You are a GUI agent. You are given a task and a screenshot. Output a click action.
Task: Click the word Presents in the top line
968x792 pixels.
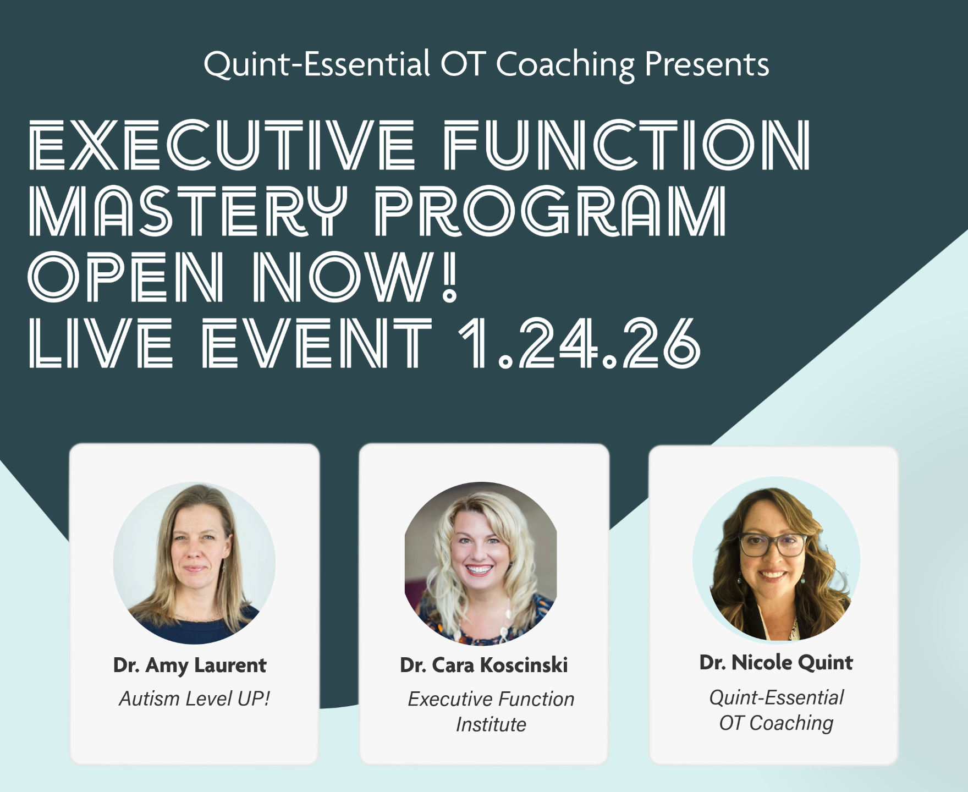[x=707, y=64]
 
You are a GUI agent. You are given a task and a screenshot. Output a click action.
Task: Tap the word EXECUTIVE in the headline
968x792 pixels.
[x=222, y=145]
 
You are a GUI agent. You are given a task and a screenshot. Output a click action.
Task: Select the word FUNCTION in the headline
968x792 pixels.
[x=627, y=145]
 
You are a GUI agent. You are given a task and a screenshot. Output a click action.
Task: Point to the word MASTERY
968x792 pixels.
[x=188, y=211]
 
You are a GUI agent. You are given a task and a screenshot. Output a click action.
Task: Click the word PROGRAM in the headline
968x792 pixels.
[x=551, y=211]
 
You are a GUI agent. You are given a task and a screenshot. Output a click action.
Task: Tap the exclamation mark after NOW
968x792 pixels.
[x=449, y=277]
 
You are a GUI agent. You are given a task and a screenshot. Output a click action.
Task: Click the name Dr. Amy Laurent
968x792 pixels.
[x=190, y=665]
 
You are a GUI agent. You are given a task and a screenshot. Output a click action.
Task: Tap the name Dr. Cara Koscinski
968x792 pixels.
[x=484, y=665]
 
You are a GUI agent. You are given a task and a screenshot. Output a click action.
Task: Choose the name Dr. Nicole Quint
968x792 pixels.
[x=776, y=663]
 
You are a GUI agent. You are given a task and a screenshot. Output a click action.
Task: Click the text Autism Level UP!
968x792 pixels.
[x=195, y=698]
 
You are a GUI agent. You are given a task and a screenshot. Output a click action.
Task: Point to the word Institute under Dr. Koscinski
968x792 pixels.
[x=491, y=724]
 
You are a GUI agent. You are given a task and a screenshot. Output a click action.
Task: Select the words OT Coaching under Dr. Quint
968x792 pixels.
[x=776, y=723]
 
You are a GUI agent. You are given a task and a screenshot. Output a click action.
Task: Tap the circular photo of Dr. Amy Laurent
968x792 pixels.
[x=194, y=563]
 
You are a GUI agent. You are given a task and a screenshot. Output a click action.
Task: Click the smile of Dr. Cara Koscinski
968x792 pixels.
[x=479, y=570]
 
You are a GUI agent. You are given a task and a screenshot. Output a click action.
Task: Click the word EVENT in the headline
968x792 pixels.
[x=317, y=343]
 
